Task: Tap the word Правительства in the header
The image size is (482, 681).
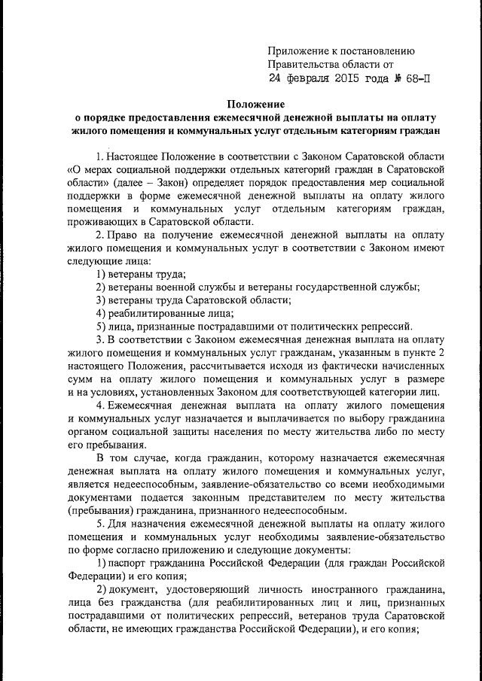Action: tap(303, 64)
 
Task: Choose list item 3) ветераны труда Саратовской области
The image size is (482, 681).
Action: tap(186, 299)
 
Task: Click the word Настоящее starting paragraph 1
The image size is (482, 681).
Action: tap(139, 155)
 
